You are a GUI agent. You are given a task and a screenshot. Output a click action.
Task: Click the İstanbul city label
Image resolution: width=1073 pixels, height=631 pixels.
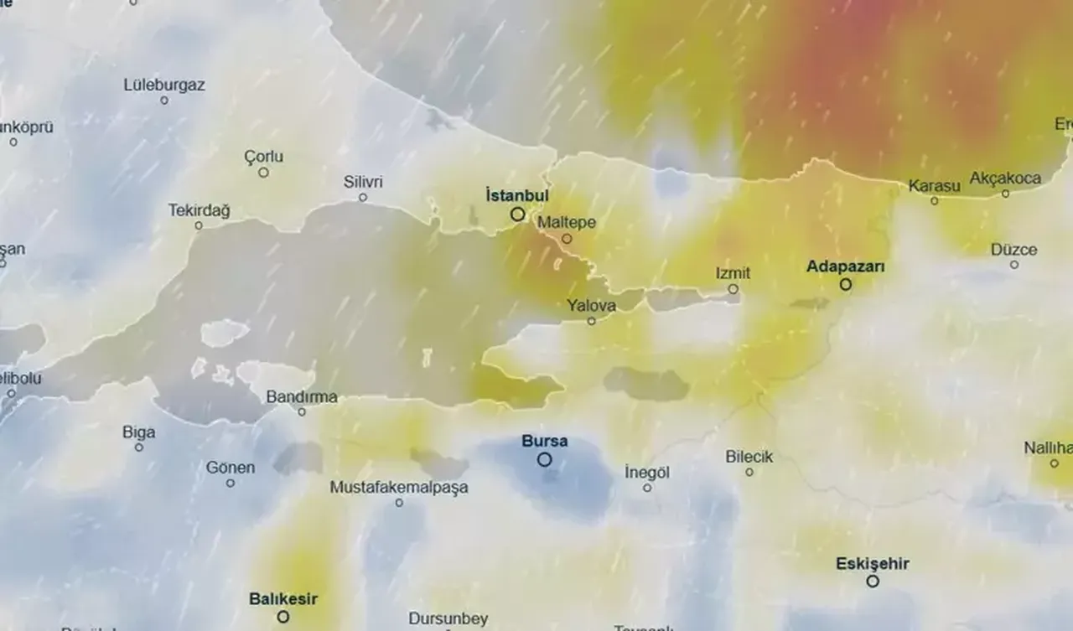pyautogui.click(x=516, y=195)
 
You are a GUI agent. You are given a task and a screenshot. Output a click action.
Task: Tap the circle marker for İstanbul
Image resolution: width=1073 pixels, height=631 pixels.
pyautogui.click(x=518, y=215)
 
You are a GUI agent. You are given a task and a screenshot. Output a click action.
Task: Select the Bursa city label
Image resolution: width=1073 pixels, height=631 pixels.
pyautogui.click(x=544, y=441)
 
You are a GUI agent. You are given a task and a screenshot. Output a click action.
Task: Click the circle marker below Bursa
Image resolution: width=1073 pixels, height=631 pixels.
pyautogui.click(x=545, y=459)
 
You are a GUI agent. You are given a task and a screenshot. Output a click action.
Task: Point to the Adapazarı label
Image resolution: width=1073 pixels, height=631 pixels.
pyautogui.click(x=845, y=266)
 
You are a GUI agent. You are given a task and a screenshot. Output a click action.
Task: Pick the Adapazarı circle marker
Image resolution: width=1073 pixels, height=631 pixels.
pyautogui.click(x=846, y=285)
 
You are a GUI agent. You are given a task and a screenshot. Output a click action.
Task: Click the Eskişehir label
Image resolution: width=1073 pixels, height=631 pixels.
pyautogui.click(x=872, y=563)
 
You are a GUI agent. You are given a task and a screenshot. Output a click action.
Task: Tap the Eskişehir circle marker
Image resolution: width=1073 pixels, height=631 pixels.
pyautogui.click(x=873, y=581)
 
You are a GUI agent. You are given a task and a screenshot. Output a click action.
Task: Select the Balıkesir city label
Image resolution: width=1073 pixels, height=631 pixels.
pyautogui.click(x=283, y=599)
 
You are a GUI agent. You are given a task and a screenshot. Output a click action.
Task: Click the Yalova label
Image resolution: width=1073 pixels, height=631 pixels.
pyautogui.click(x=591, y=306)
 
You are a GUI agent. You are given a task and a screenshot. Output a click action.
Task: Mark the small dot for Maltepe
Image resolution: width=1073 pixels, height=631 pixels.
pyautogui.click(x=567, y=239)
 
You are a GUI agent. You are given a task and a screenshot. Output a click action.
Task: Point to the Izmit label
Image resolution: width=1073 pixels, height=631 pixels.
pyautogui.click(x=733, y=273)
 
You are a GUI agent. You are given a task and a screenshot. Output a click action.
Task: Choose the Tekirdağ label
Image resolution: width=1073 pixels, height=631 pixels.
pyautogui.click(x=199, y=209)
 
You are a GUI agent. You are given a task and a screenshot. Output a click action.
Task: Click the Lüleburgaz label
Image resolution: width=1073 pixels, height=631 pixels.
pyautogui.click(x=164, y=85)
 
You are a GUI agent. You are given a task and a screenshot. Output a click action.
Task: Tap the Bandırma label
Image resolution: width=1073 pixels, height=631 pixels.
pyautogui.click(x=302, y=397)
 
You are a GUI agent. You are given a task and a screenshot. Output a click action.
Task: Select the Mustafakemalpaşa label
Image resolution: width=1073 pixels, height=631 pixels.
pyautogui.click(x=399, y=487)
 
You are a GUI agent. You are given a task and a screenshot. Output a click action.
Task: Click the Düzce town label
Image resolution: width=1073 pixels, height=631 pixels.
pyautogui.click(x=1013, y=250)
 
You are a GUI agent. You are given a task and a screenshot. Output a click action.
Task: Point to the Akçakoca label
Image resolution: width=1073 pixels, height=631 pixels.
pyautogui.click(x=1005, y=178)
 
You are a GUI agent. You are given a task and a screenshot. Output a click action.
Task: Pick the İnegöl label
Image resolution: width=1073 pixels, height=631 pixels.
pyautogui.click(x=647, y=473)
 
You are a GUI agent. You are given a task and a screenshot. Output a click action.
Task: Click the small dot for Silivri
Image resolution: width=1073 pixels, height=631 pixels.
pyautogui.click(x=363, y=198)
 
